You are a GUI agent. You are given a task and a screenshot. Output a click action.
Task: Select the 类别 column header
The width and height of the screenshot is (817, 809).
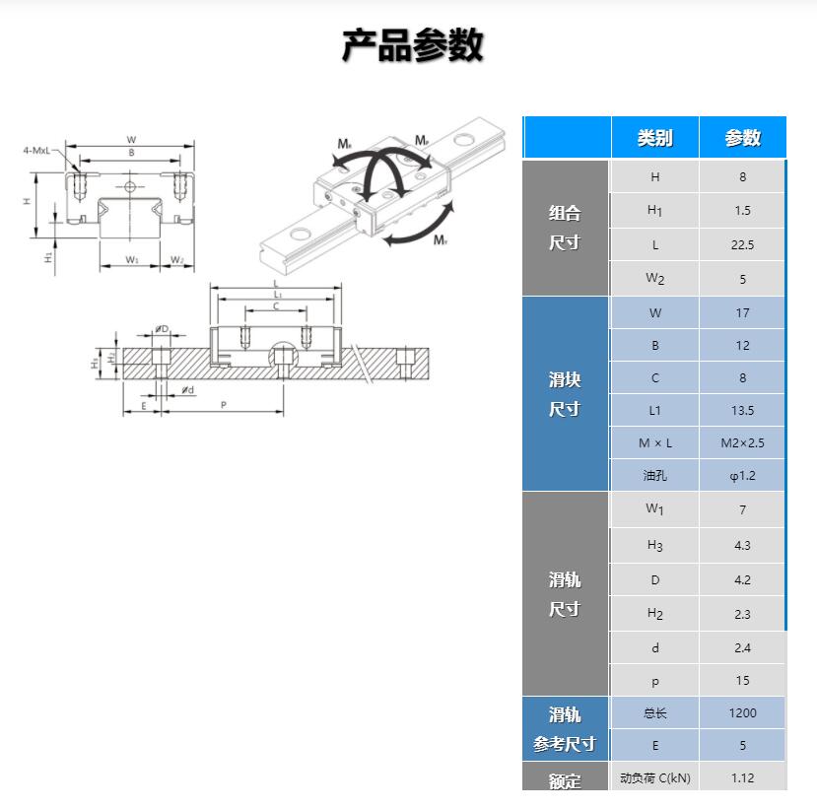654,138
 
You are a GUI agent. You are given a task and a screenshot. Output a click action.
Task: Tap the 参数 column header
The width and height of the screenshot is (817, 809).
742,138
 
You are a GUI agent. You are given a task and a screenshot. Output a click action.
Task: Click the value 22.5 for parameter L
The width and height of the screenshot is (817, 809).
742,245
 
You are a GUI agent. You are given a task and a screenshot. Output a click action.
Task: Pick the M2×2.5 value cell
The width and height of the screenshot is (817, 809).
742,443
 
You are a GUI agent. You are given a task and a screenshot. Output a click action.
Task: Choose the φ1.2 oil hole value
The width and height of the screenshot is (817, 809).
742,476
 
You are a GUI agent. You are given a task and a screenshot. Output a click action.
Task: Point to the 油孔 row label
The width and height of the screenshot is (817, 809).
654,476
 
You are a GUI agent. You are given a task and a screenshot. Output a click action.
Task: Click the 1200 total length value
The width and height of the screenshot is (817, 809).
742,712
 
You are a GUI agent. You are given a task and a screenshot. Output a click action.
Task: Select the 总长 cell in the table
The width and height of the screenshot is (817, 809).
654,712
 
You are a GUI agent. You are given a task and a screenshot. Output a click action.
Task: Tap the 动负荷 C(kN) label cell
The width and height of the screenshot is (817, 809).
654,777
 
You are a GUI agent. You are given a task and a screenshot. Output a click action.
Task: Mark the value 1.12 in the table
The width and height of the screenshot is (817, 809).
742,777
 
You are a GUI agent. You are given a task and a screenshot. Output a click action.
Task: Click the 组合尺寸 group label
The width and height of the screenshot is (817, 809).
565,228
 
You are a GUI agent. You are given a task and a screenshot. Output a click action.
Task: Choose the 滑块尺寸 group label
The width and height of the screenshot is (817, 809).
565,394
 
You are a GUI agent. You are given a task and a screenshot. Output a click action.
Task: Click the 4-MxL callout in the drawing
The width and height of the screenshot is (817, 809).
40,151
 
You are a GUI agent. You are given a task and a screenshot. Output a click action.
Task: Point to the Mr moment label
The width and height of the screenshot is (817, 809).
344,145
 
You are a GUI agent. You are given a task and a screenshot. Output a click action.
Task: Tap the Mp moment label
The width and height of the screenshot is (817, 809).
422,141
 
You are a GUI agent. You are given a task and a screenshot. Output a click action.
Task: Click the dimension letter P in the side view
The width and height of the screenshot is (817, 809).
224,405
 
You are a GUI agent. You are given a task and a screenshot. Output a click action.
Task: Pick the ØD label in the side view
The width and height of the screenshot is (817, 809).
162,329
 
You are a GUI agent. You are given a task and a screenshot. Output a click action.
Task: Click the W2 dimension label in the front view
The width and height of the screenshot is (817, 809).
176,260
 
